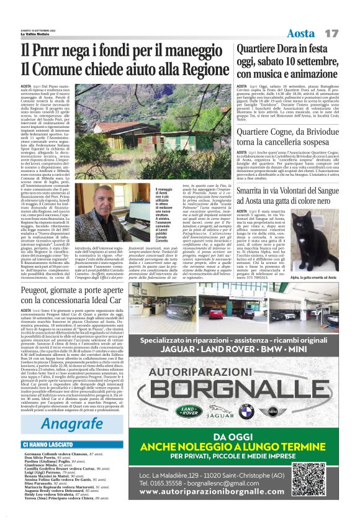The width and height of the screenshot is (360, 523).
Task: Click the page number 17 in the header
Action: (x=331, y=32)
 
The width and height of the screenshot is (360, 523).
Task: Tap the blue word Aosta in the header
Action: (x=301, y=32)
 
